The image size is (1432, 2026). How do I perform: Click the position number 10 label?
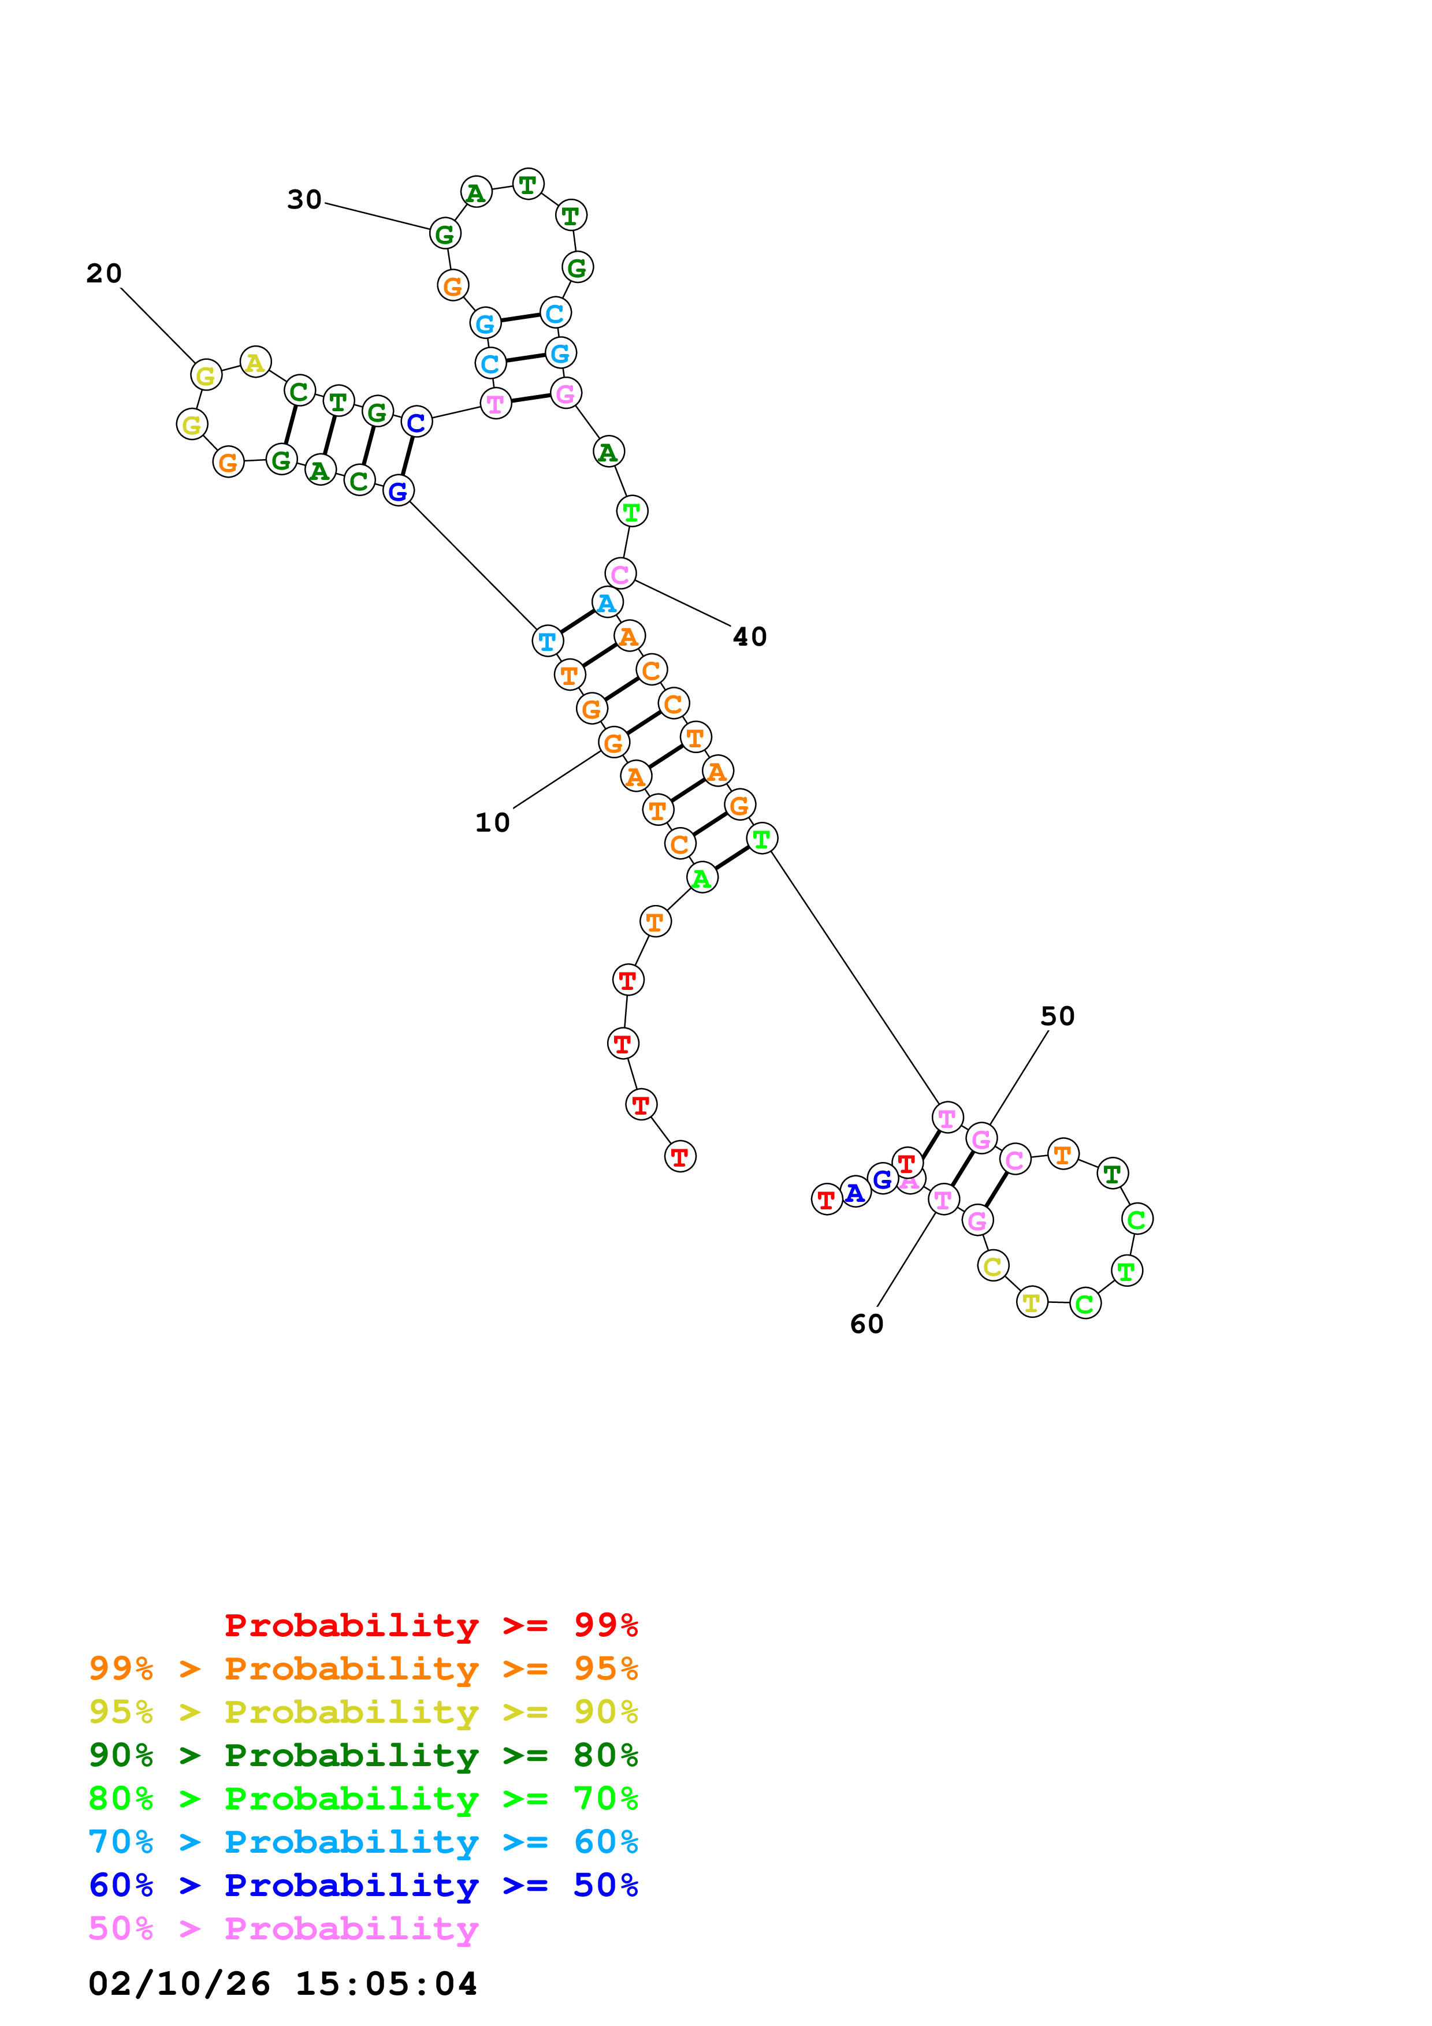[x=492, y=822]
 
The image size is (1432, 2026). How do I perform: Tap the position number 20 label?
[x=104, y=274]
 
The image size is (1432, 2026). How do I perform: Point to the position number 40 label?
[x=750, y=636]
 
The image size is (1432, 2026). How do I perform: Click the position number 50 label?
[x=1057, y=1016]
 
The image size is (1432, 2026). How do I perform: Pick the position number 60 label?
[x=866, y=1324]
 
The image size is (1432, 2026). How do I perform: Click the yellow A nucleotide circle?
[x=255, y=362]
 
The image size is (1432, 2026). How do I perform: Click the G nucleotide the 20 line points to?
[x=206, y=375]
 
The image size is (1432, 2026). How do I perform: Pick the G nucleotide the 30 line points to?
[x=445, y=234]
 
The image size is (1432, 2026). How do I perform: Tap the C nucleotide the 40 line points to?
[x=620, y=573]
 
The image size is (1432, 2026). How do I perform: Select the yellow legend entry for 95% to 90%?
[x=363, y=1712]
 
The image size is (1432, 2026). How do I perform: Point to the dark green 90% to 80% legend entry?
[x=363, y=1755]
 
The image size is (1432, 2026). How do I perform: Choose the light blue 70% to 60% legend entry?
[x=363, y=1842]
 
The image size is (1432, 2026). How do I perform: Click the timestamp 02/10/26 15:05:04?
[x=282, y=1984]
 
